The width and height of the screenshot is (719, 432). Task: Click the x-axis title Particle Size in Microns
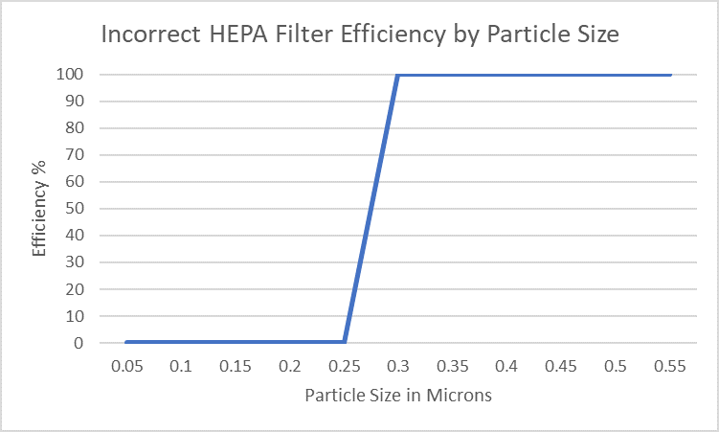(397, 395)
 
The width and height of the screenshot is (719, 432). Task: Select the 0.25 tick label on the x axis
(344, 367)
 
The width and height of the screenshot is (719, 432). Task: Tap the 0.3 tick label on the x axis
(398, 367)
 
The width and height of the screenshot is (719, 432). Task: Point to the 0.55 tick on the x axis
(671, 367)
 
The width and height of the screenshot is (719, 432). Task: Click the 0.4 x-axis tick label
(507, 367)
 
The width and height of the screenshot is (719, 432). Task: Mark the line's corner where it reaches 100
(398, 75)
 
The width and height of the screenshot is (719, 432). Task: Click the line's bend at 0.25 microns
(344, 341)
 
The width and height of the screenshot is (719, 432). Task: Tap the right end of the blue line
(670, 75)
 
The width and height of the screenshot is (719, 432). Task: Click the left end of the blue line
(126, 341)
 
